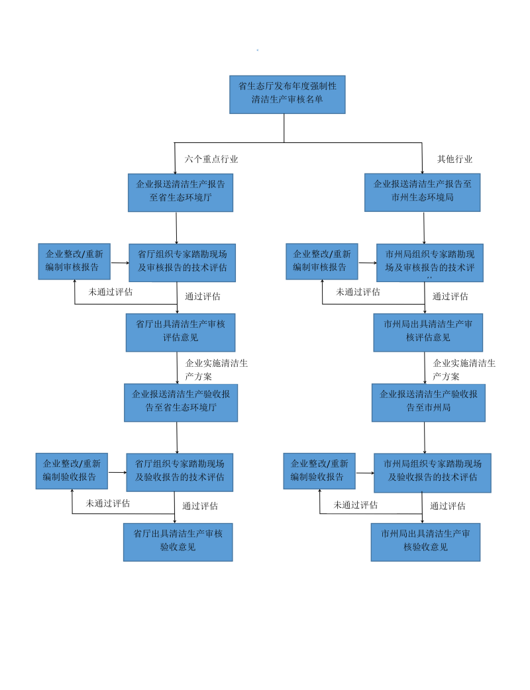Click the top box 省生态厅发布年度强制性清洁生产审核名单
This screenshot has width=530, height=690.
288,94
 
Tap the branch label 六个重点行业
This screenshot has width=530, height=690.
211,159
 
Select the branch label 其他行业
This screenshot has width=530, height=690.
454,159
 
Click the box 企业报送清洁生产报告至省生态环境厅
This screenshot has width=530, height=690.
180,192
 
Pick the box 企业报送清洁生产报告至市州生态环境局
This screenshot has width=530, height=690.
422,192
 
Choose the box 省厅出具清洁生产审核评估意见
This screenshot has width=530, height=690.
180,332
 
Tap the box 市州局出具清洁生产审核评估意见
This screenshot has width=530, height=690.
427,332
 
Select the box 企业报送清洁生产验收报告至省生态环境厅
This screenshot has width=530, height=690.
180,402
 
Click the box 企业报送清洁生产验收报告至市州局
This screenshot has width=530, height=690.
428,402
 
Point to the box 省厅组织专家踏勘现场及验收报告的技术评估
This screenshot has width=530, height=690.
180,471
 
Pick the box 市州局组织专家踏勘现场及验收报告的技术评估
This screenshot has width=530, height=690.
432,472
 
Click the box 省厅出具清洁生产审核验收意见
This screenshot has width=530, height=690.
178,542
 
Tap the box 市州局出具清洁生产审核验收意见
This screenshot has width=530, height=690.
425,542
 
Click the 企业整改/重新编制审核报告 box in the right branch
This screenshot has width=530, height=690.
322,261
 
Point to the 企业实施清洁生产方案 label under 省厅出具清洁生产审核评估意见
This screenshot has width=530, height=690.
216,370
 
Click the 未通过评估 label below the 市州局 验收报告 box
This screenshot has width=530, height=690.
355,505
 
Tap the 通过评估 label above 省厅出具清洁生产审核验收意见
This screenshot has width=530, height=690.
200,506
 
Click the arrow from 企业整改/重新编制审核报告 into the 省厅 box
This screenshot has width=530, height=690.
120,262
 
